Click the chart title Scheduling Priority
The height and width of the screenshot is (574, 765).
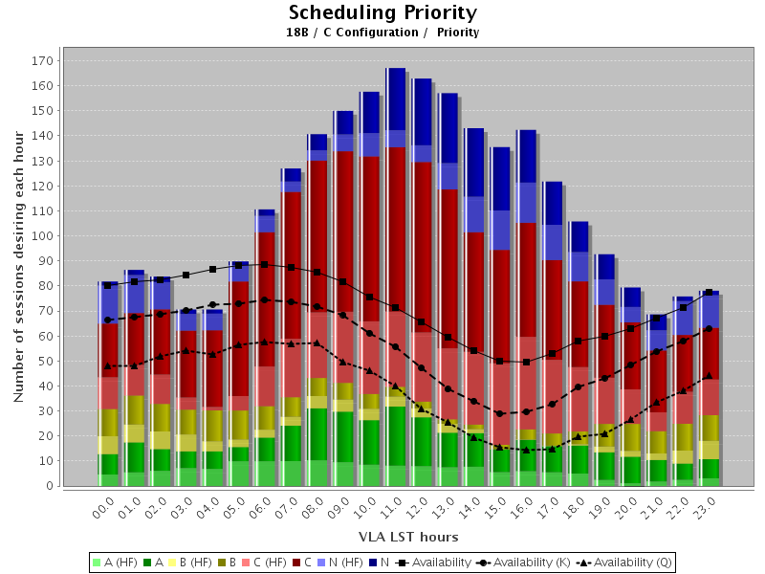pyautogui.click(x=382, y=12)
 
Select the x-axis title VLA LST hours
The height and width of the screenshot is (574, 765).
pyautogui.click(x=408, y=536)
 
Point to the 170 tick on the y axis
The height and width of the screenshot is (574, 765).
pyautogui.click(x=42, y=60)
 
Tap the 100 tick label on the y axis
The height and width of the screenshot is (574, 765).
pyautogui.click(x=42, y=235)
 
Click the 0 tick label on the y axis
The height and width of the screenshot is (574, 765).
pyautogui.click(x=48, y=486)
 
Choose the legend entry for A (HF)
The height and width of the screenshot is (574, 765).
pyautogui.click(x=115, y=563)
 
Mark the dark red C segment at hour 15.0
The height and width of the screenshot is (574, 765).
pyautogui.click(x=500, y=306)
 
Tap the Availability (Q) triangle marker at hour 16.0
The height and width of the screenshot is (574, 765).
pyautogui.click(x=525, y=450)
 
